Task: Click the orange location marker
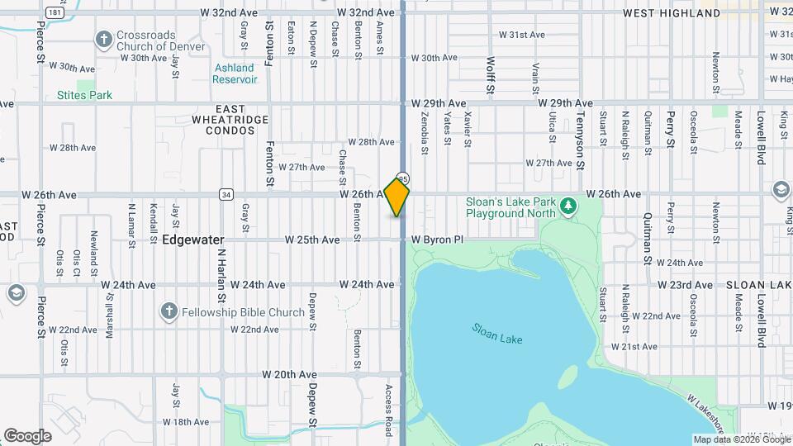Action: [397, 197]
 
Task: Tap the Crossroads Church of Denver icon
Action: [103, 39]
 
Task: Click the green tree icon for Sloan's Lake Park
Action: [567, 205]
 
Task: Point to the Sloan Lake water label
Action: [497, 334]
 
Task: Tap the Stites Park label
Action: [84, 95]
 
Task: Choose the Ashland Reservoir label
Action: [235, 74]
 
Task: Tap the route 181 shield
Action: [54, 13]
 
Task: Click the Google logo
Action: [27, 435]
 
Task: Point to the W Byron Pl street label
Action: [438, 240]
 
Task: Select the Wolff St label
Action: [490, 75]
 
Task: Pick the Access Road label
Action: [388, 410]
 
